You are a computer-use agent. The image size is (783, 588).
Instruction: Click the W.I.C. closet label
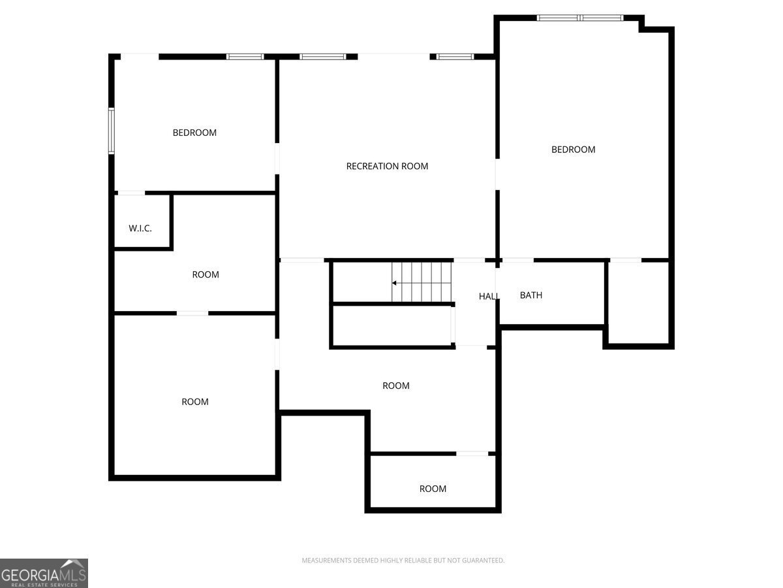(140, 228)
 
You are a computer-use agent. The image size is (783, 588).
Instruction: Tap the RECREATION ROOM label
(387, 166)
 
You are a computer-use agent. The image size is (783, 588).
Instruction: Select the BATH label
(530, 295)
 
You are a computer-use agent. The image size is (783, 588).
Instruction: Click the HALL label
(489, 297)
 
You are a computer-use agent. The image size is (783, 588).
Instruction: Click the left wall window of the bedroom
(112, 131)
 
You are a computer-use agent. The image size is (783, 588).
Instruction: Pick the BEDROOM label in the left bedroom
(194, 133)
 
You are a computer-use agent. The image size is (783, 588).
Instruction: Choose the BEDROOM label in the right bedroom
(574, 150)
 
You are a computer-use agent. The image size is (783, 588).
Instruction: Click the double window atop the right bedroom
(580, 18)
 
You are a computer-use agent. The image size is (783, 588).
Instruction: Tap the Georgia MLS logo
(44, 573)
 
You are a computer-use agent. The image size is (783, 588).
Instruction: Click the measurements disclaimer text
(403, 561)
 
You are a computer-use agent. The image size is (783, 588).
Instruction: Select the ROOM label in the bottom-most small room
(433, 489)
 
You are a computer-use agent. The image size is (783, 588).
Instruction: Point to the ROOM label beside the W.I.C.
(206, 274)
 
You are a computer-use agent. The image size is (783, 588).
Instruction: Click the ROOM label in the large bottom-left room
(195, 402)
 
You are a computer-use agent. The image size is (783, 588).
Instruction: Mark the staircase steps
(422, 282)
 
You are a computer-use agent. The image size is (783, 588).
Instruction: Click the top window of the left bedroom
(245, 57)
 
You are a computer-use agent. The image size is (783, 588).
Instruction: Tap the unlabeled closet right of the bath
(638, 302)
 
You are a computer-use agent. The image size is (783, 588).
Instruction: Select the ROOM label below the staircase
(396, 385)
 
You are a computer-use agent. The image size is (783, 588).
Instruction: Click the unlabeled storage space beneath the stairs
(391, 325)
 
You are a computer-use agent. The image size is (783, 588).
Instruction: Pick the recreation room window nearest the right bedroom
(455, 57)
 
